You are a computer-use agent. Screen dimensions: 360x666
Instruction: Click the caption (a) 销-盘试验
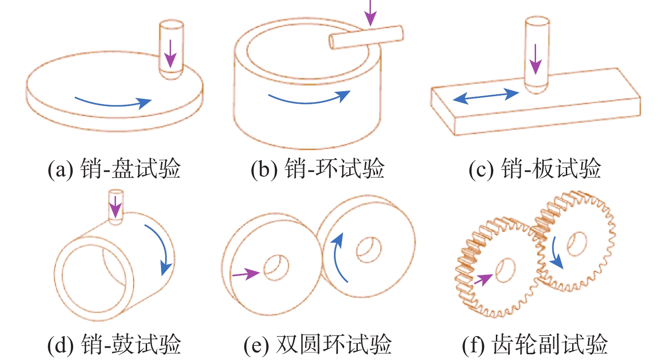(x=114, y=170)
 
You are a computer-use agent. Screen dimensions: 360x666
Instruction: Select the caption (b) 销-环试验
(x=318, y=170)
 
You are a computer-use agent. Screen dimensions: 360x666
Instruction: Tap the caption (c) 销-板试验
(x=535, y=170)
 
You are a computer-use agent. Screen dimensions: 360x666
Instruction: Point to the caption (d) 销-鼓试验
(x=114, y=345)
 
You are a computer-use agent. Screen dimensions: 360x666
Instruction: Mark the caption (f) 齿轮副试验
(x=535, y=345)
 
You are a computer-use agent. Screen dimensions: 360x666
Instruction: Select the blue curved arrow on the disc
(x=113, y=103)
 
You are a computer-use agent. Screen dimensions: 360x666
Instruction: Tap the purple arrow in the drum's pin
(x=116, y=205)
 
